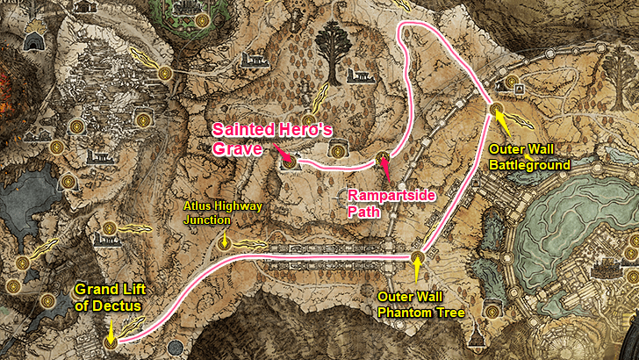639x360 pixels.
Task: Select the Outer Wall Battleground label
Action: pos(530,155)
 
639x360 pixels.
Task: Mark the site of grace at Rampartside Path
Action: pos(382,158)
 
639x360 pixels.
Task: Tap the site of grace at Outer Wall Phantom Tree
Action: pos(417,256)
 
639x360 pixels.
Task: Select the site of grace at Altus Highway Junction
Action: pos(225,246)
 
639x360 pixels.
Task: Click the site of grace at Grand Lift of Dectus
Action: pos(111,342)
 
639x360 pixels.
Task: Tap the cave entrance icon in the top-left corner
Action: pos(35,41)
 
